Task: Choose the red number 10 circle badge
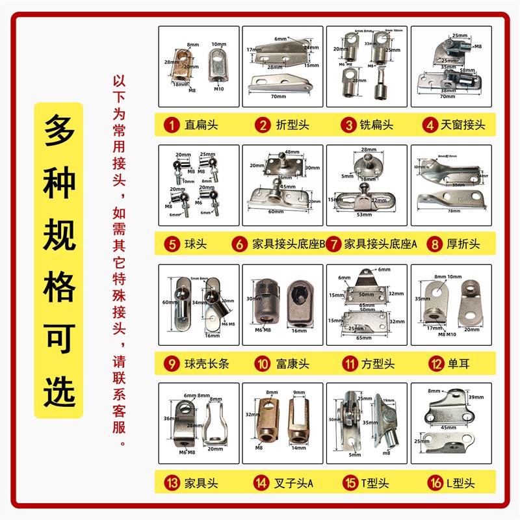[x=261, y=363]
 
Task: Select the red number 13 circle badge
[x=171, y=483]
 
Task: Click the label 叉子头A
[x=294, y=483]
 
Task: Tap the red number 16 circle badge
[x=429, y=483]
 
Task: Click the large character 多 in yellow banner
[x=59, y=135]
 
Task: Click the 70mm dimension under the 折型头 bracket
[x=278, y=96]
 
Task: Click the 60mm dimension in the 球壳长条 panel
[x=169, y=302]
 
